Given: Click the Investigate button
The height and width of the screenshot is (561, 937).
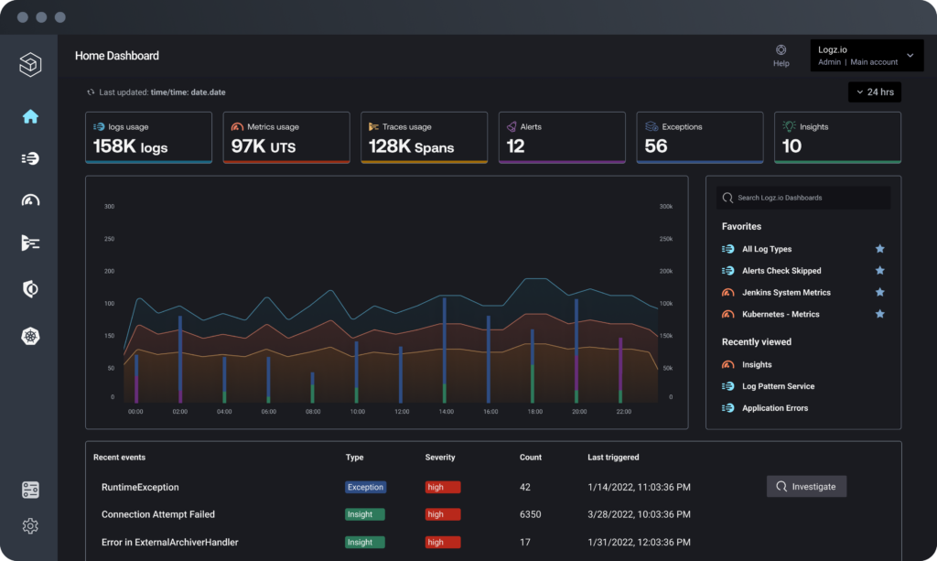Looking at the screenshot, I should pos(806,486).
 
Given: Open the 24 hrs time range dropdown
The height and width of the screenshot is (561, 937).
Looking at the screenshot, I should pos(874,92).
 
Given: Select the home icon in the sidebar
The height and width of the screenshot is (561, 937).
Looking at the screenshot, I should pos(30,116).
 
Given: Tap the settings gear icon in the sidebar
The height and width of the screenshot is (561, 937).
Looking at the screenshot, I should pos(30,526).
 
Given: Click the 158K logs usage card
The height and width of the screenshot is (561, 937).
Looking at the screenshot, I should pos(148,137).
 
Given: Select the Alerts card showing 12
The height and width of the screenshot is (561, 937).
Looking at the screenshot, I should pos(562,137).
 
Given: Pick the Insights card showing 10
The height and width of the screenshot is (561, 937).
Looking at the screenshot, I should pos(837,137).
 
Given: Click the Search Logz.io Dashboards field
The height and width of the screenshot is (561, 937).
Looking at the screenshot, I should pos(803,198).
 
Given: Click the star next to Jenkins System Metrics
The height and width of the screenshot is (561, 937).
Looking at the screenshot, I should pos(879,292).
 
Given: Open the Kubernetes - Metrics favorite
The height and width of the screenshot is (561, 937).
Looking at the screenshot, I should pos(780,314).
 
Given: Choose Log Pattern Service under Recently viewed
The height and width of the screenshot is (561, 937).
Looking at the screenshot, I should pos(778,386).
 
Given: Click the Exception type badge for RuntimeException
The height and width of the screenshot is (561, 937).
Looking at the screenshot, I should pos(365,487).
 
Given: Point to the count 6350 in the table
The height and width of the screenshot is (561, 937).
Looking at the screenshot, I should pos(532,514).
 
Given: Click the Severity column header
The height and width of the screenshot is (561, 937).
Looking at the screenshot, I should pos(440,457).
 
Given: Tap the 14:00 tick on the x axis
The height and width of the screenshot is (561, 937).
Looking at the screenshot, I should pos(446,412).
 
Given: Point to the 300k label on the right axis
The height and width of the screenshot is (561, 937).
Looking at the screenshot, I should pos(666,207).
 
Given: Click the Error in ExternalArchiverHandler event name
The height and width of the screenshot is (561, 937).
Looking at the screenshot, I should pos(169,542).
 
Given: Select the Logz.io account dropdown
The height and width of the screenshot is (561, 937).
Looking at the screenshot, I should pos(866,56).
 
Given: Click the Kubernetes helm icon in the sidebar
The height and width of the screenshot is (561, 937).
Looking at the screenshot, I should pos(30,336).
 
